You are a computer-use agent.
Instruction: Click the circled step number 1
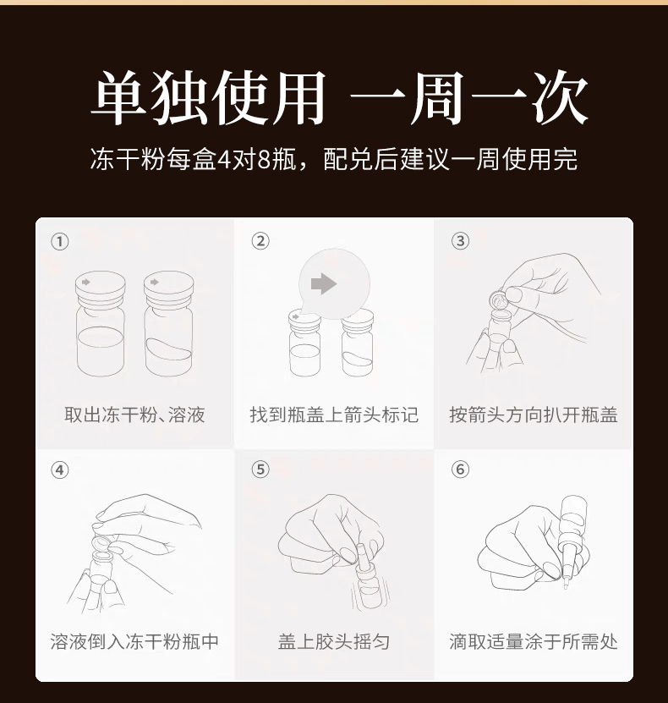tap(59, 242)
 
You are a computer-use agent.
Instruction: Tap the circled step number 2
tap(260, 241)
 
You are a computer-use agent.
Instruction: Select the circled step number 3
tap(460, 241)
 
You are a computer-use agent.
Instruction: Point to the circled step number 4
tap(59, 470)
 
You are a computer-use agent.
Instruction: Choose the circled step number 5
tap(260, 470)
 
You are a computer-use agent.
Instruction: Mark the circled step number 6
tap(460, 470)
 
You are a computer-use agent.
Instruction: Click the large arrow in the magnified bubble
tap(324, 283)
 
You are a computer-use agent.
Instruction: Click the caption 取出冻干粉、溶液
tap(134, 415)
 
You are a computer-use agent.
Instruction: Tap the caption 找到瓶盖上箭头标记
tap(334, 415)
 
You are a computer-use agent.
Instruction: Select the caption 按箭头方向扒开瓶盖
tap(534, 415)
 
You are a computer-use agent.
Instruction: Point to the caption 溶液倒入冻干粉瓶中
tap(134, 641)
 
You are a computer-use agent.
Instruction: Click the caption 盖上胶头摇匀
tap(334, 641)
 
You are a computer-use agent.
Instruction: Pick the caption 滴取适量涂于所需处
tap(534, 641)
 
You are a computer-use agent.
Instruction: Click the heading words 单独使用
tap(208, 97)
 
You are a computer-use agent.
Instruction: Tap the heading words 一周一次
tap(468, 97)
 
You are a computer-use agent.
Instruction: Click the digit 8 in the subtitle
tap(265, 160)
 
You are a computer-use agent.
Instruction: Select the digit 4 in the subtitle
tap(223, 160)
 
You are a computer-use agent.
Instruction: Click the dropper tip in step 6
tap(566, 585)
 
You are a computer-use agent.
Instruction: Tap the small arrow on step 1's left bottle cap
tap(85, 282)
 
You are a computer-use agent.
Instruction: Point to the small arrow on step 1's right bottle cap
tap(155, 282)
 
